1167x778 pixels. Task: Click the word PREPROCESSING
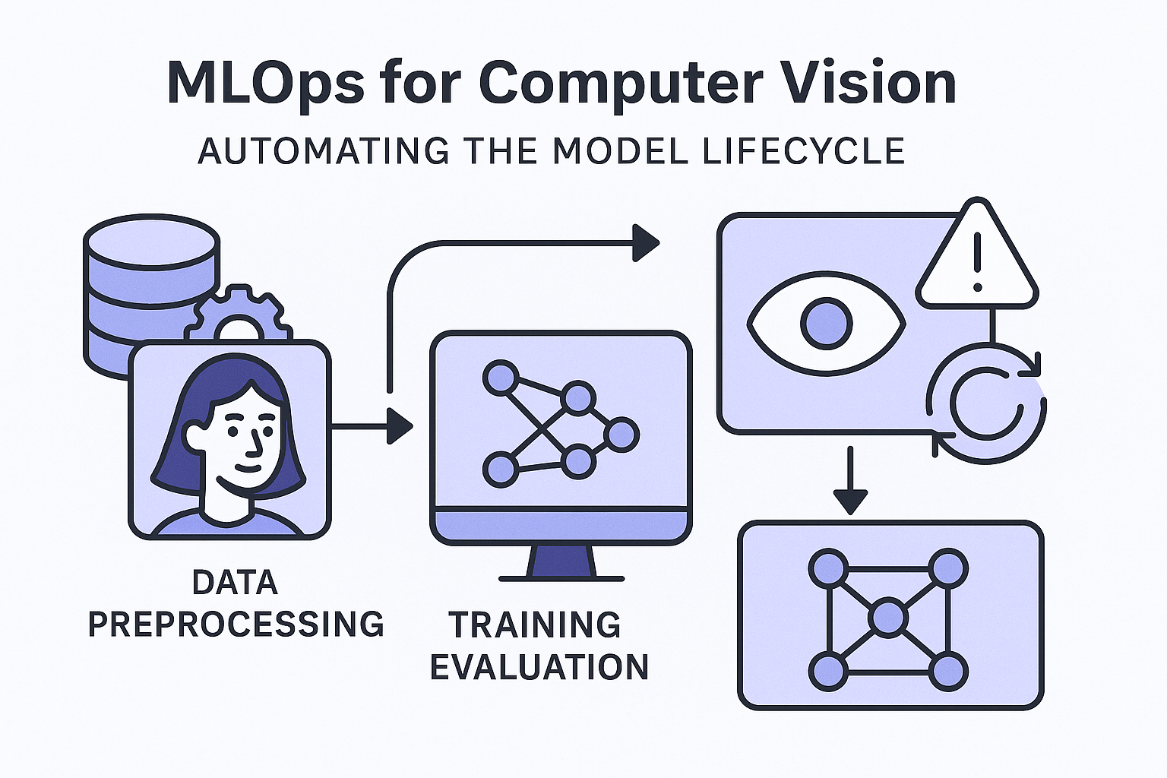coord(236,624)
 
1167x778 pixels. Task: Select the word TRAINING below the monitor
coord(535,625)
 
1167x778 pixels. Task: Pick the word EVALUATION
coord(539,666)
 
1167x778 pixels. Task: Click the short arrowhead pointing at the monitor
coord(398,426)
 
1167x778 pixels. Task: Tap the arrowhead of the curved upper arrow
coord(645,243)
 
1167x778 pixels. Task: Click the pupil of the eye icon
coord(826,324)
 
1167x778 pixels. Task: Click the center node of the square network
coord(888,618)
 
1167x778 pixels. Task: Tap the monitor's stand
coord(561,561)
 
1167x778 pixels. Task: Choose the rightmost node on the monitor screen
coord(621,435)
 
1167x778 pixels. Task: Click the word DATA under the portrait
coord(235,583)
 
